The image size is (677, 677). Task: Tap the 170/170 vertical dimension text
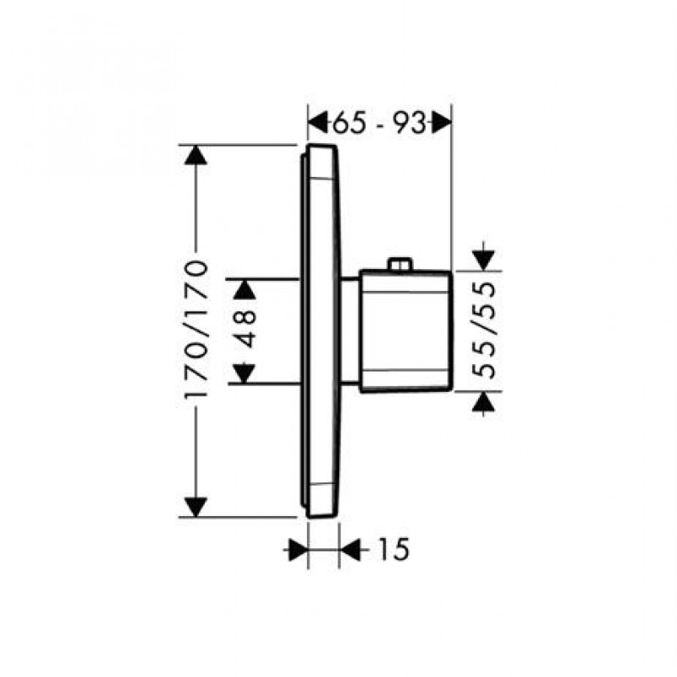coord(196,329)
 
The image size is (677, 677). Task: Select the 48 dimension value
coord(245,331)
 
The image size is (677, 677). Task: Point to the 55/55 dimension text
coord(483,330)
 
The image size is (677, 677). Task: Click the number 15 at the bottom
coord(393,549)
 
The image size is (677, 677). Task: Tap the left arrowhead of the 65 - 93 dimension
coord(317,124)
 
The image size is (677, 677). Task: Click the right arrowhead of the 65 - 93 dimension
coord(442,124)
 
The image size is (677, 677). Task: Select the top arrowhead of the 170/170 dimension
coord(196,155)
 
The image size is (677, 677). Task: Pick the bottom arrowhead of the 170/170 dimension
coord(196,507)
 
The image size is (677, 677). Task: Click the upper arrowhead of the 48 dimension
coord(245,289)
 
